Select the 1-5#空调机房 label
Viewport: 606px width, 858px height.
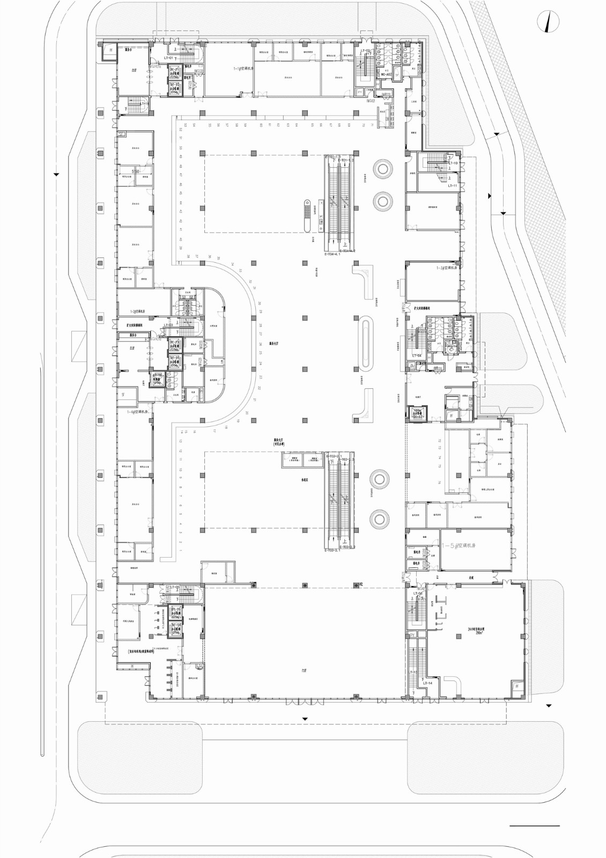(459, 545)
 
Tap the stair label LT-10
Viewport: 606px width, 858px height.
(452, 163)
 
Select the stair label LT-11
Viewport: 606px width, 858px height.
(452, 186)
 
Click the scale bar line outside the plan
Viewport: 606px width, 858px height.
(534, 825)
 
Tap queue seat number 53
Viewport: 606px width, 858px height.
(181, 124)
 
